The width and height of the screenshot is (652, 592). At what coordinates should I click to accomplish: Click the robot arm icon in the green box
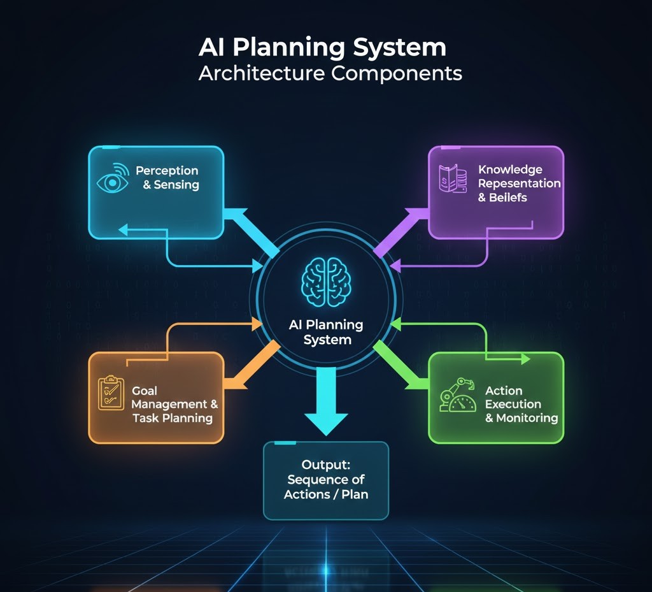[458, 396]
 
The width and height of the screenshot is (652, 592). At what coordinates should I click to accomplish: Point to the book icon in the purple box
[453, 179]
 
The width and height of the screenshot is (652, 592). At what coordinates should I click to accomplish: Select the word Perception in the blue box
[167, 171]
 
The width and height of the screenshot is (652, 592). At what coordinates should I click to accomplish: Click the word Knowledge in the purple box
[510, 170]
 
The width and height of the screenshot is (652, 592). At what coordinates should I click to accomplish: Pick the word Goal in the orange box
[145, 391]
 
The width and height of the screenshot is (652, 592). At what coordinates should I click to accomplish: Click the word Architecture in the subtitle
[261, 73]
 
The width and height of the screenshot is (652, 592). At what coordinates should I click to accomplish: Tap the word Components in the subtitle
[397, 73]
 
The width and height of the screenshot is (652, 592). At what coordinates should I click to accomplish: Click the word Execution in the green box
[513, 404]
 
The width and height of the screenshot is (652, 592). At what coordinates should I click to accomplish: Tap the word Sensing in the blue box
[176, 185]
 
